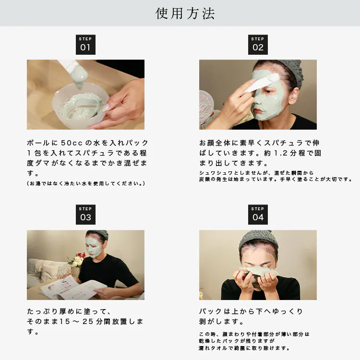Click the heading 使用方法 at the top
coord(185,13)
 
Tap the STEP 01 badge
coord(85,45)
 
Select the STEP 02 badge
coord(258,45)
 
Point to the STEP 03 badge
coord(85,215)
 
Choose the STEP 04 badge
coord(258,215)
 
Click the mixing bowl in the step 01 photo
coord(80,103)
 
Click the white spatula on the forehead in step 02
coord(262,83)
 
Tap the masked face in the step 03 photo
coord(94,247)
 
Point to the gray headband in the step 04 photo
coord(259,240)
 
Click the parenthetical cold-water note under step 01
coord(86,183)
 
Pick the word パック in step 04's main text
coord(211,312)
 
